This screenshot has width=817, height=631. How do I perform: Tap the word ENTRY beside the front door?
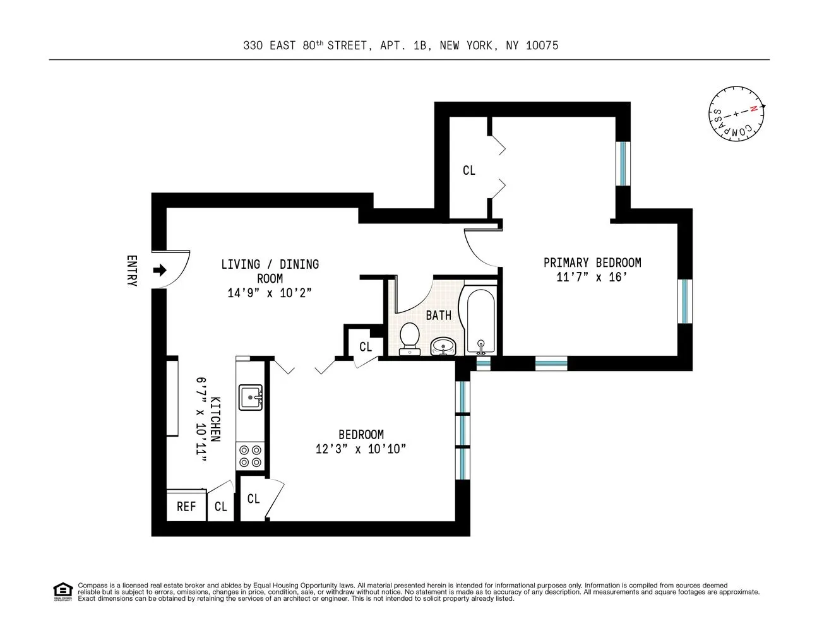132,271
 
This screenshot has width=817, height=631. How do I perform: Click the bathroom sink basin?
443,346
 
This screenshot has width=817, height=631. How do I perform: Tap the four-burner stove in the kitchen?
249,456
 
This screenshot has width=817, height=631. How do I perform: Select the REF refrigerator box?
186,506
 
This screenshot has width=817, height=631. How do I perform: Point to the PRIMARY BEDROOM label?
592,262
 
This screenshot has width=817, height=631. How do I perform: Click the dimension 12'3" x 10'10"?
361,449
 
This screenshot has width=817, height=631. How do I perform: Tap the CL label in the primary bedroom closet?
468,170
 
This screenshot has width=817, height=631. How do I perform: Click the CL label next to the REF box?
220,506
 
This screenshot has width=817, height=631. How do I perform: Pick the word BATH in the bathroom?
438,315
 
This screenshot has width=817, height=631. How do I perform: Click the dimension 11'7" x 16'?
592,278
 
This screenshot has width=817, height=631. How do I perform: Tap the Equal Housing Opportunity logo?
63,592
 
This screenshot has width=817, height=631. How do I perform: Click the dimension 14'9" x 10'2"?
270,293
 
